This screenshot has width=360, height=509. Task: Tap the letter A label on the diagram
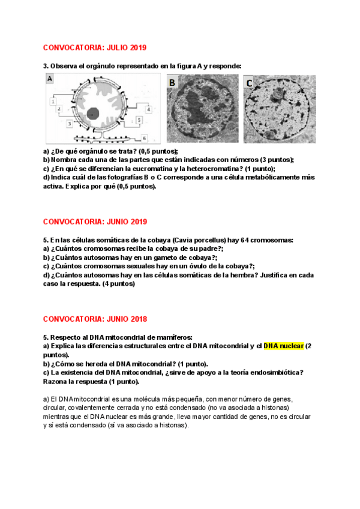point(50,79)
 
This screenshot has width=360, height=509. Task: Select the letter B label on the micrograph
point(172,82)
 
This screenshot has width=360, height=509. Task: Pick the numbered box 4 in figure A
point(148,109)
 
